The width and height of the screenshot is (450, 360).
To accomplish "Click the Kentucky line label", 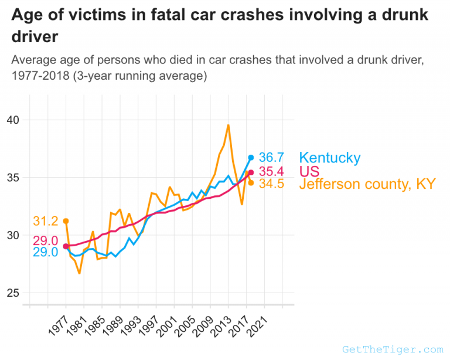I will click(x=329, y=157).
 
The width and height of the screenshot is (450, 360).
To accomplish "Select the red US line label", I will click(x=309, y=171).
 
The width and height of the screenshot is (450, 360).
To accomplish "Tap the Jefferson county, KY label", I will click(x=367, y=184).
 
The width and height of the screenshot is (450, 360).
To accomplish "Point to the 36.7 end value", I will click(x=271, y=157).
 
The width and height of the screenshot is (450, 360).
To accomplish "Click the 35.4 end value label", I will click(x=271, y=171).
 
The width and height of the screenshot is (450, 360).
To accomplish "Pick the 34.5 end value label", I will click(x=271, y=184).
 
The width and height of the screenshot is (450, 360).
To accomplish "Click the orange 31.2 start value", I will click(x=45, y=221).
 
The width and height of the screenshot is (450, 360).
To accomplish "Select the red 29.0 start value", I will click(x=45, y=240).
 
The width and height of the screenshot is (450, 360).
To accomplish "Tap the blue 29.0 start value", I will click(x=45, y=252).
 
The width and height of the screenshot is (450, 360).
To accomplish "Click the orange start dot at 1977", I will click(x=66, y=221).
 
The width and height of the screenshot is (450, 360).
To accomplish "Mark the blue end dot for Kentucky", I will click(x=251, y=157).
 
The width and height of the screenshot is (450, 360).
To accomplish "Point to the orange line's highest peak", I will click(x=228, y=125).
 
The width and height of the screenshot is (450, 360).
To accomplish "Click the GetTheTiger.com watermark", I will click(x=393, y=349).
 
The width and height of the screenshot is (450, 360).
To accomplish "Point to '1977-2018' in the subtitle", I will click(x=38, y=76).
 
